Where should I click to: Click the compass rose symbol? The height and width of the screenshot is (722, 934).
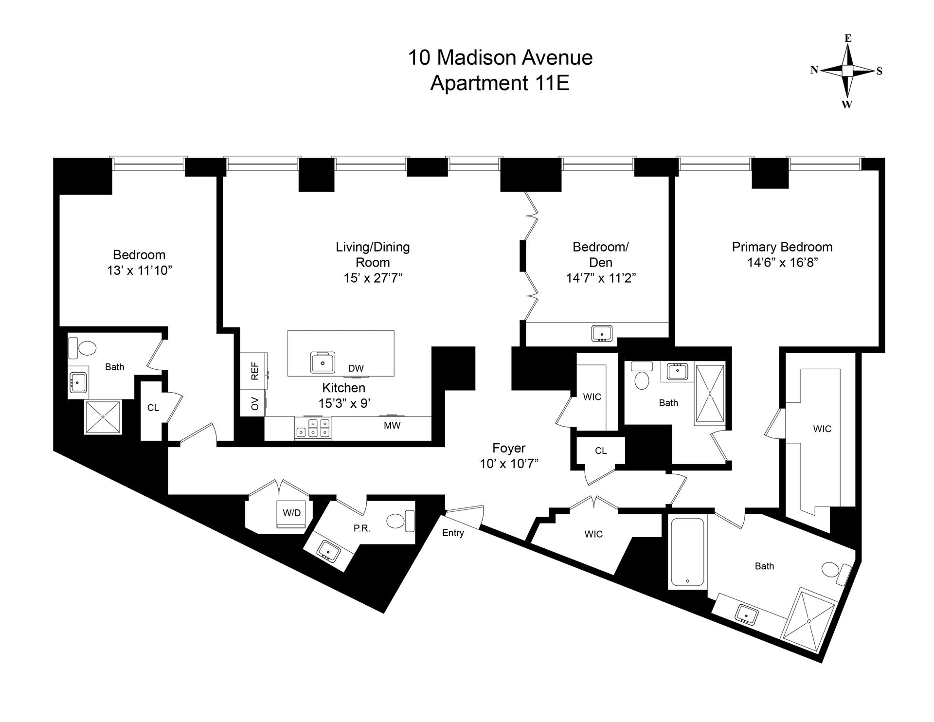pos(847,71)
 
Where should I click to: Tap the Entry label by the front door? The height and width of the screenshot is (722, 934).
pos(453,533)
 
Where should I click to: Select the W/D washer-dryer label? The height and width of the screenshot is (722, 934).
pos(292,512)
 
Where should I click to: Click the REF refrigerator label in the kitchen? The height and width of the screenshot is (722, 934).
pos(255,371)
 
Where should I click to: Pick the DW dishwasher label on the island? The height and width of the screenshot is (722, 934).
pos(356,368)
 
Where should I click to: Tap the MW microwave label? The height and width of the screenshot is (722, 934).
pos(392,425)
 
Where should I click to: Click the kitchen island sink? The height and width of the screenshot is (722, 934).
pos(323,362)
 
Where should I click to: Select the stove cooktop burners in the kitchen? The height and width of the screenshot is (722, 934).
pos(313,428)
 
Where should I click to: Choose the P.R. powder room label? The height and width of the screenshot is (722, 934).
pos(362,528)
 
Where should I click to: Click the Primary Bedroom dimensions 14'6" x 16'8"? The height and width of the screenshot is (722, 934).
pos(782,263)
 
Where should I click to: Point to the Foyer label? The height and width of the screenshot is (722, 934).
pos(509,448)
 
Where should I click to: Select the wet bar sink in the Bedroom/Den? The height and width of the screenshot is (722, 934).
pos(602,334)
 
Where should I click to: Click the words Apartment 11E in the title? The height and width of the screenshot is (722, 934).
pos(500,83)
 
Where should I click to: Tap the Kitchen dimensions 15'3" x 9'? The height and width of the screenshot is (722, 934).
pos(344,403)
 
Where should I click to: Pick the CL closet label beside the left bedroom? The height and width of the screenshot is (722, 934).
pos(153,408)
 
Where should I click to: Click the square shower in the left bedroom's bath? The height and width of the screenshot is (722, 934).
pos(103,417)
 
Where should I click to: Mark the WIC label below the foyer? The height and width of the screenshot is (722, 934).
pos(593,534)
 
